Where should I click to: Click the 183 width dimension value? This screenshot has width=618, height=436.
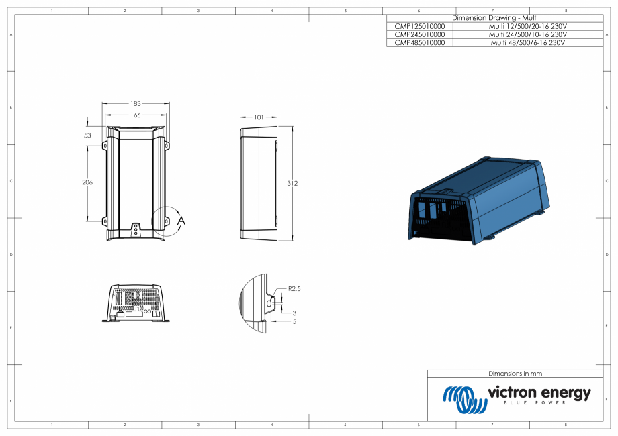click(x=135, y=104)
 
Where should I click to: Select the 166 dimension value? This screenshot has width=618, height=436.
click(x=135, y=115)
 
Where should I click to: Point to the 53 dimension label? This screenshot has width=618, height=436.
click(x=87, y=135)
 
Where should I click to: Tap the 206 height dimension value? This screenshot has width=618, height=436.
click(x=87, y=182)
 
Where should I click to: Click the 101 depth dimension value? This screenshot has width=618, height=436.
click(x=258, y=117)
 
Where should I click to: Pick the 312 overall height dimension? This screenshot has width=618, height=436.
click(x=292, y=183)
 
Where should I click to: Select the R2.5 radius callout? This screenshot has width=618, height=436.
click(x=294, y=288)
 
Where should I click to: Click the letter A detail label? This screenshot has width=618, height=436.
click(x=181, y=220)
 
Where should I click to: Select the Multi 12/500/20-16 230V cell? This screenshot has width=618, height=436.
click(x=527, y=25)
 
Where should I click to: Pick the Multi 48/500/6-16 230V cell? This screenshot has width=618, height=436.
click(x=527, y=42)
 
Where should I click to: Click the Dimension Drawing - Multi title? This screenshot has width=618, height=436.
click(x=494, y=17)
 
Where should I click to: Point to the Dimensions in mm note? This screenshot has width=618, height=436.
click(x=515, y=373)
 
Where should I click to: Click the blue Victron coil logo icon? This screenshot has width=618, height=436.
click(x=464, y=398)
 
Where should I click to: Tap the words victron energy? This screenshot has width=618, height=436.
click(x=539, y=392)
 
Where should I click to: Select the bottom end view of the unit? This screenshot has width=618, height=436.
click(x=135, y=304)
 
